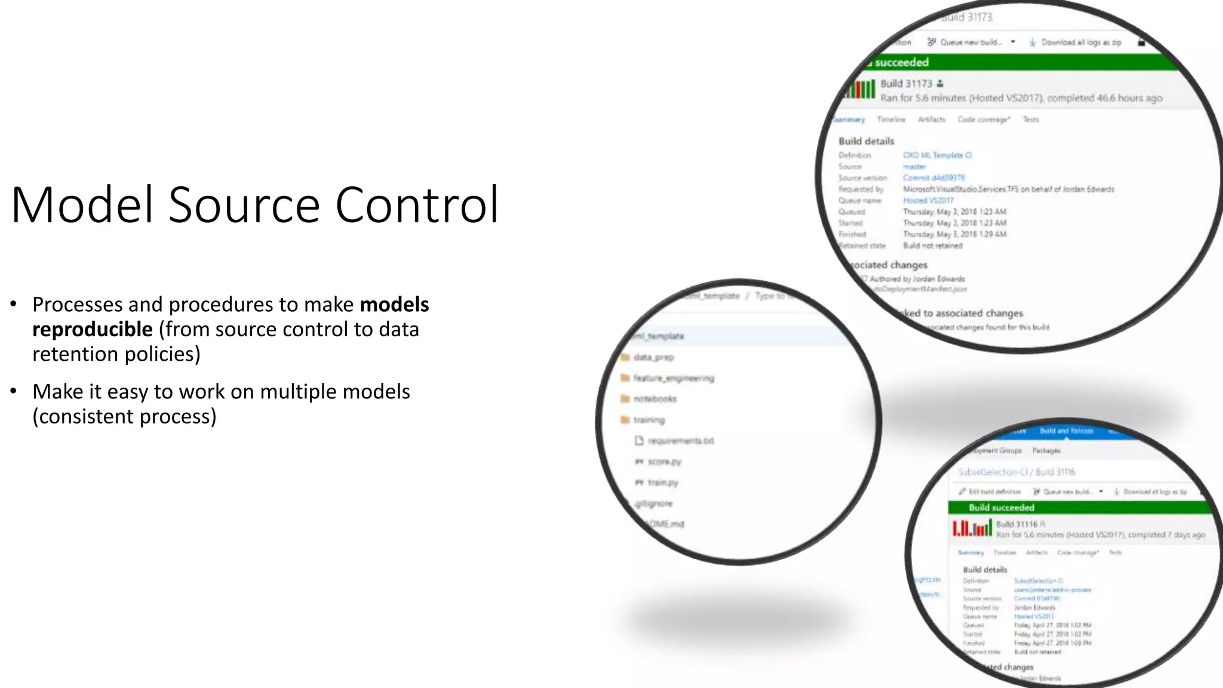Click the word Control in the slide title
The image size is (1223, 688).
click(x=416, y=205)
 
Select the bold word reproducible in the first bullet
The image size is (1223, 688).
click(x=93, y=329)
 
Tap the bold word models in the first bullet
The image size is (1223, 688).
click(x=394, y=305)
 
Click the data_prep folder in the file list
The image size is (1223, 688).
click(x=653, y=357)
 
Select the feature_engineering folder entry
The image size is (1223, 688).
click(x=673, y=378)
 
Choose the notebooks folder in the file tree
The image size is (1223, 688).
click(x=654, y=399)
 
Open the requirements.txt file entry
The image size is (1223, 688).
click(x=680, y=441)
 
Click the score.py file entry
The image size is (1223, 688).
click(x=664, y=462)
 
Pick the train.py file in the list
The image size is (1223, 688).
click(x=662, y=483)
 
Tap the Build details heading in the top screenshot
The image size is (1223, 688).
click(x=866, y=141)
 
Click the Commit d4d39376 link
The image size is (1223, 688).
click(x=933, y=177)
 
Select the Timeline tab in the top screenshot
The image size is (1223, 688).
click(x=891, y=119)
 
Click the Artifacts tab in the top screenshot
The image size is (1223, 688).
click(x=931, y=119)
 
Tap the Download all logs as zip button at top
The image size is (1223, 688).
click(x=1080, y=42)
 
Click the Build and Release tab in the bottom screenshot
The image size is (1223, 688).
click(x=1066, y=431)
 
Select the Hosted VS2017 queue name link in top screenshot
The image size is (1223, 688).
click(x=928, y=200)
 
